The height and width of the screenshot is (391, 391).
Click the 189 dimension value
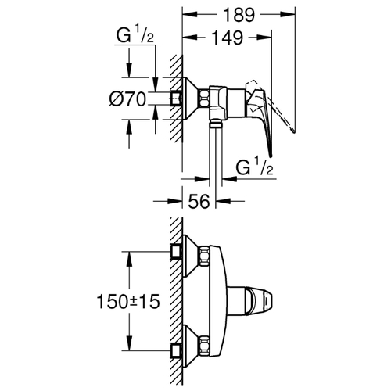coord(239,15)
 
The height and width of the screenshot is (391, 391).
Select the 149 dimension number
coord(227,38)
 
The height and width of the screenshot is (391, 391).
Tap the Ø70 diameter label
coord(127,99)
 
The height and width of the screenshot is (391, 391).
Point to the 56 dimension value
coord(199,201)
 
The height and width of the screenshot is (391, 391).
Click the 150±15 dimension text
coord(128,301)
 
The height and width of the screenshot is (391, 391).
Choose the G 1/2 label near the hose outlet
coord(254,167)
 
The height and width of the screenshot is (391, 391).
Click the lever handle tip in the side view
coord(271,156)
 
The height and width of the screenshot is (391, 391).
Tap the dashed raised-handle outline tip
coord(293,131)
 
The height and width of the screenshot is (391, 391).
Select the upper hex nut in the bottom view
coord(204,256)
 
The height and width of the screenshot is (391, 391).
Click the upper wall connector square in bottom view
coord(176,252)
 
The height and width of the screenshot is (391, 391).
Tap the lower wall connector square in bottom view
coord(176,350)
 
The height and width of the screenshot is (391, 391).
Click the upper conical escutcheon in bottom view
coord(191,256)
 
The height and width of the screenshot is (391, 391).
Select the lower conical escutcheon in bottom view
coord(191,346)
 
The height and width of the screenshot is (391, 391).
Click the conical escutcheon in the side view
coord(191,99)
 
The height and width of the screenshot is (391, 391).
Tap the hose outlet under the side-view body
coord(215,123)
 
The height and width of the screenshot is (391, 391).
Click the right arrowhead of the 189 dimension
coord(288,15)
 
